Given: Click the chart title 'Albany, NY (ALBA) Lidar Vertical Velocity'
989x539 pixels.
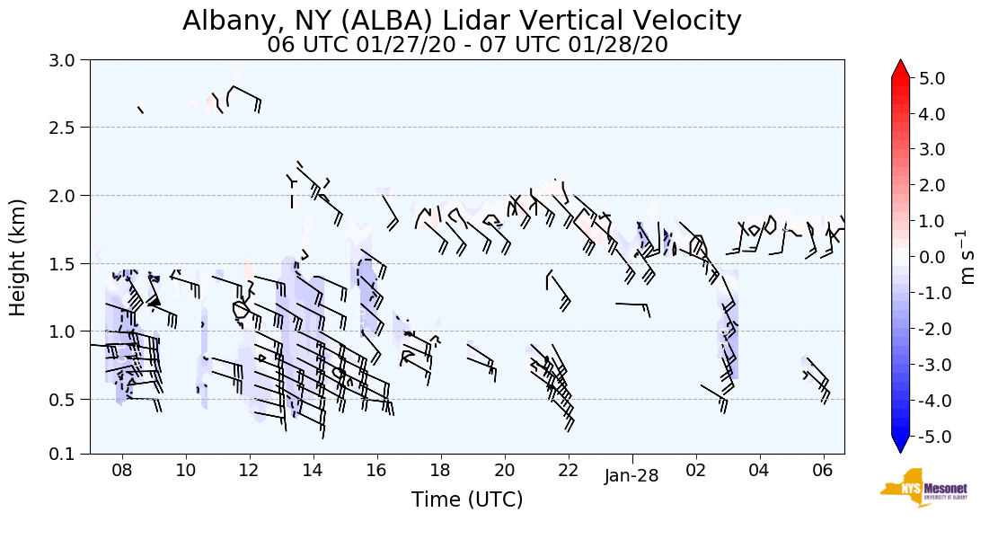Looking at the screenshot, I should coord(463,21).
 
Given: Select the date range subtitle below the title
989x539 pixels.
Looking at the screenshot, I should coord(467,45).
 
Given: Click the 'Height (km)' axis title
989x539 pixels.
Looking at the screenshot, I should coord(19,257).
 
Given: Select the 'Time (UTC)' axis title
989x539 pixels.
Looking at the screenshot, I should coord(467,499).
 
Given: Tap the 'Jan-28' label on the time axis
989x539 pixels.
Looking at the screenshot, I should coord(631,477).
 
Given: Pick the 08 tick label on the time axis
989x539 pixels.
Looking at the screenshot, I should coord(122,471).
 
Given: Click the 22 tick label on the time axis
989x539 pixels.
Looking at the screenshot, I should coord(568,471).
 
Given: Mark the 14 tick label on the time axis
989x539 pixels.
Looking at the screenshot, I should coord(313,471).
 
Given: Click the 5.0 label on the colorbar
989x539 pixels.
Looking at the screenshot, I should coord(932,78).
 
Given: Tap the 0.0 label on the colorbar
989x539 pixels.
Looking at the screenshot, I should coord(932,257).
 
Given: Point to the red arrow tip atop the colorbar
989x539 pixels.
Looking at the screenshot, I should coord(900,66).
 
